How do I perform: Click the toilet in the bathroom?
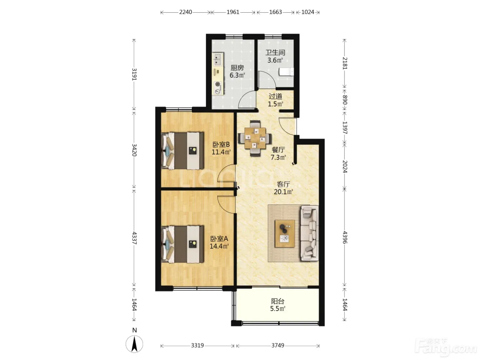pos(286,72)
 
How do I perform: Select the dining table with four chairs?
pos(255,138)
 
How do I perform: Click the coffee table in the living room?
pos(285,234)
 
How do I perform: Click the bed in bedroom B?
pos(182,151)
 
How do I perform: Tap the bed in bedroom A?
pos(182,244)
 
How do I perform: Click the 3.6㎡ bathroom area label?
pos(275,60)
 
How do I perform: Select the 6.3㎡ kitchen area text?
pos(237,75)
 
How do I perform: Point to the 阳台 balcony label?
pos(278,301)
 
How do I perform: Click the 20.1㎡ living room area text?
pos(284,192)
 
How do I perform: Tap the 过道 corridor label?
pos(276,96)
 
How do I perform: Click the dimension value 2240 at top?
pos(186,12)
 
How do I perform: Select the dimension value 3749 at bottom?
pos(278,345)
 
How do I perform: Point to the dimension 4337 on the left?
pos(134,238)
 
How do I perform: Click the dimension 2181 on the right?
pos(345,63)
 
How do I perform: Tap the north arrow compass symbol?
pos(134,344)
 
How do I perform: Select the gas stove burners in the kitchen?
pos(218,87)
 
